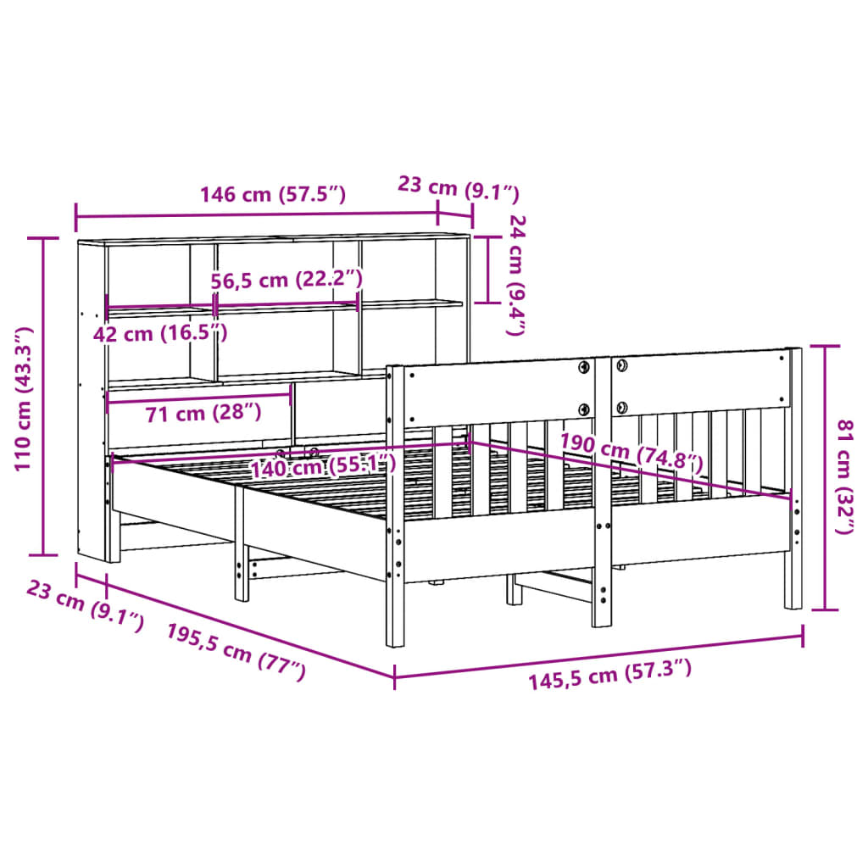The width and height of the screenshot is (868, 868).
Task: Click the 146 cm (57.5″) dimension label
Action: point(272,194)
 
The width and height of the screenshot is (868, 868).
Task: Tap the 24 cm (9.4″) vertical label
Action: point(516,275)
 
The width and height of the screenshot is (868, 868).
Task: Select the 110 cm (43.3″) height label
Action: point(23,398)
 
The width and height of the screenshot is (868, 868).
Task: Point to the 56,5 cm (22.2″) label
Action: point(287,280)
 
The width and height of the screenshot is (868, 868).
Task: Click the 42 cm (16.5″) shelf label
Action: point(160,334)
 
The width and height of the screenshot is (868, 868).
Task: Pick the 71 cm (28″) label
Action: point(203,413)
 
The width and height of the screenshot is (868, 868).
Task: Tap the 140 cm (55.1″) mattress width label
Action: point(323,466)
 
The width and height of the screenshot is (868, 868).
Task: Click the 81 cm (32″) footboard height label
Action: point(845,477)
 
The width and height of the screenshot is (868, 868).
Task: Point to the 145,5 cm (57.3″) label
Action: point(609,674)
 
